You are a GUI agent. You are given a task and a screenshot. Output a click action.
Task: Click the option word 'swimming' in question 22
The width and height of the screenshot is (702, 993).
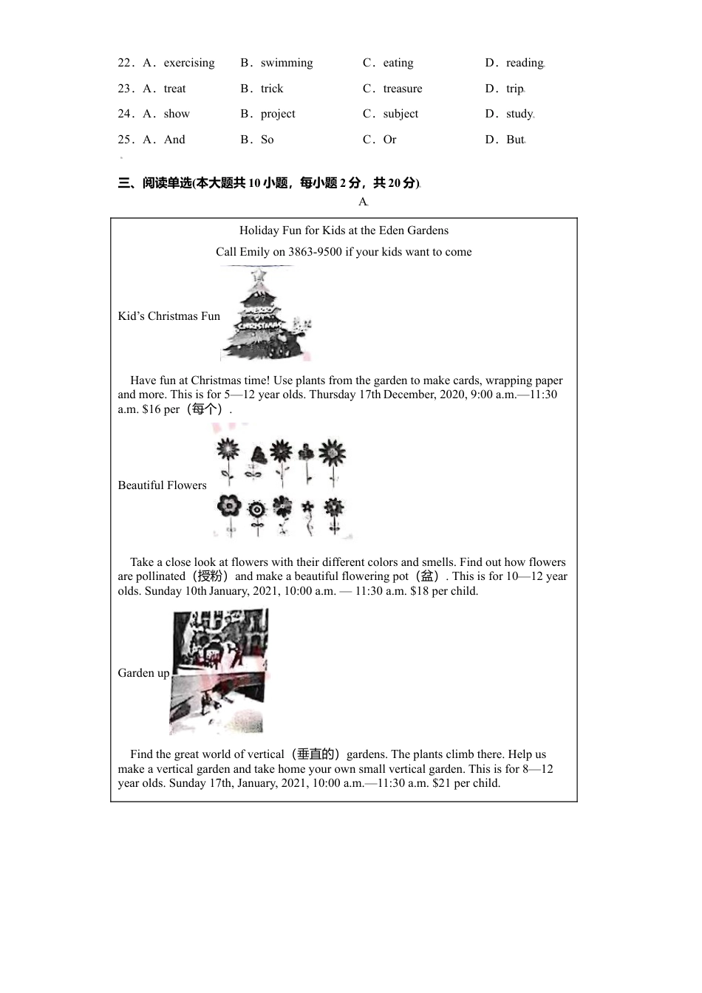point(287,63)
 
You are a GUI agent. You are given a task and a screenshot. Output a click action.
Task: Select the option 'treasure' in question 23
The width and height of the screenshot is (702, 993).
point(403,89)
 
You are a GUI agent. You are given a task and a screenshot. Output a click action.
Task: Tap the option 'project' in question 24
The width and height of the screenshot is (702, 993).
point(278,114)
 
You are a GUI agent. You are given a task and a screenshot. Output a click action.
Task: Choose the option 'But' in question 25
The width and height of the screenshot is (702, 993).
point(515,140)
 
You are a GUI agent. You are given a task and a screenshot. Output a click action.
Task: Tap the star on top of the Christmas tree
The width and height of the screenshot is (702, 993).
point(259,275)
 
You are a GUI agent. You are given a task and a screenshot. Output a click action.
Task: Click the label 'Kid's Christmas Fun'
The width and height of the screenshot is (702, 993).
point(168,316)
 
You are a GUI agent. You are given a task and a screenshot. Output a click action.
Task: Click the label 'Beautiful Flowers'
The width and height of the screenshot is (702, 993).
point(162,485)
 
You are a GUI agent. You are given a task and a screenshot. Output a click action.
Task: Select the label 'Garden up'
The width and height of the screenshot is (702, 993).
point(143,673)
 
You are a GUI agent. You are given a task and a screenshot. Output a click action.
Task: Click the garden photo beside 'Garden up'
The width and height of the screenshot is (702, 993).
point(219,671)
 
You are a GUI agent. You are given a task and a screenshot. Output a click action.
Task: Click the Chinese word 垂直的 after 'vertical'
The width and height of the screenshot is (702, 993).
point(316,754)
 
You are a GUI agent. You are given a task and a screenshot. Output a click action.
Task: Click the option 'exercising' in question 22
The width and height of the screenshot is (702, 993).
point(189,63)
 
